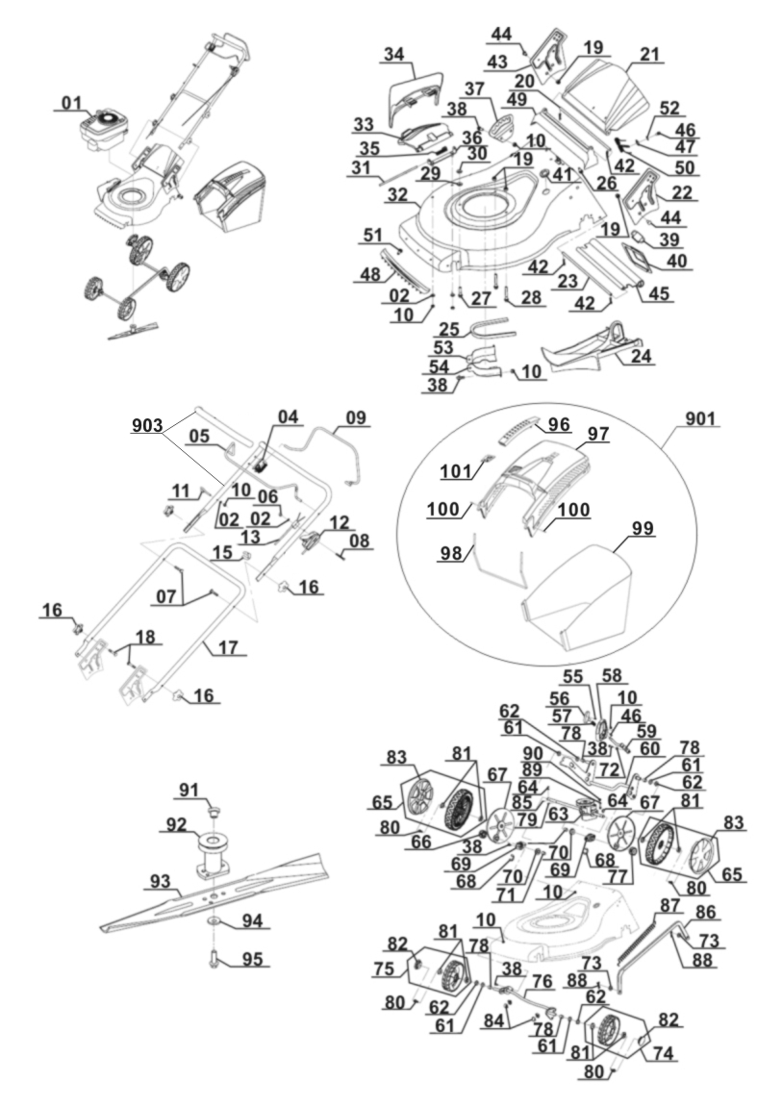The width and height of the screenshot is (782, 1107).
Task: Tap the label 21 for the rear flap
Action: pyautogui.click(x=650, y=55)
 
